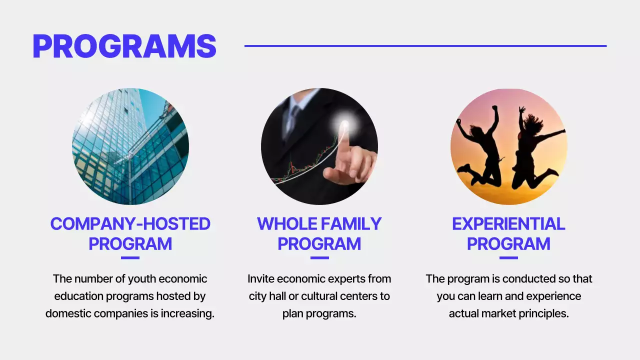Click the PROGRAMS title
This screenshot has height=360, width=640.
(x=124, y=46)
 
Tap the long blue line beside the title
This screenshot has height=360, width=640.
(x=425, y=46)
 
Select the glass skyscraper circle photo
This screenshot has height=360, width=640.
(x=130, y=146)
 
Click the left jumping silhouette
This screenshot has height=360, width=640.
(x=480, y=147)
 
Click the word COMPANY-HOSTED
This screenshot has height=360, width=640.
(x=130, y=224)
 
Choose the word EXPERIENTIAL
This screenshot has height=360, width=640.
(x=508, y=224)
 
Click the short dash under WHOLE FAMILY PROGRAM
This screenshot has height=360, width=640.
(x=319, y=258)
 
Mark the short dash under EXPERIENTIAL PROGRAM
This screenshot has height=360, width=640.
(x=508, y=258)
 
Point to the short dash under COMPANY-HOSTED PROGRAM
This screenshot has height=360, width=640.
(x=130, y=258)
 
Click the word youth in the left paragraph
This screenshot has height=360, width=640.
(x=142, y=279)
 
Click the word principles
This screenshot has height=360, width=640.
(x=544, y=314)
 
